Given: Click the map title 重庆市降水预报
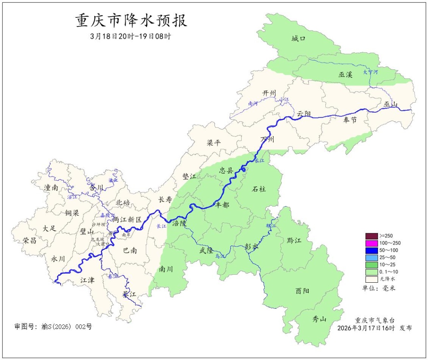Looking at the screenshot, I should click(x=131, y=21).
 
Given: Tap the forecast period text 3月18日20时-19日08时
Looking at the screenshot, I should click(x=131, y=36).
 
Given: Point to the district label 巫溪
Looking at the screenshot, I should click(x=346, y=74).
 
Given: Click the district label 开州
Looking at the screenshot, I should click(x=269, y=93).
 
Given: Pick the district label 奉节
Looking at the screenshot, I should click(x=350, y=120).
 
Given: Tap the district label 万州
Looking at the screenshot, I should click(x=267, y=140).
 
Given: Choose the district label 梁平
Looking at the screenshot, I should click(x=214, y=143).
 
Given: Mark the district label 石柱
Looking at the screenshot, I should click(x=259, y=189).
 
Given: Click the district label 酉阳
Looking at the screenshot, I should click(x=303, y=291).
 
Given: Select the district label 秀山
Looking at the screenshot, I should click(x=319, y=318).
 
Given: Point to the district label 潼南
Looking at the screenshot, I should click(x=52, y=188).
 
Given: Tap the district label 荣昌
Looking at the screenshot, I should click(x=29, y=240).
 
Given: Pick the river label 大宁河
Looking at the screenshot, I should click(x=371, y=72).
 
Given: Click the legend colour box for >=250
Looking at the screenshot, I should click(x=371, y=236).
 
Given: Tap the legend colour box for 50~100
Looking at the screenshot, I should click(x=371, y=250).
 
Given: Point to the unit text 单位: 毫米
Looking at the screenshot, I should click(x=379, y=288).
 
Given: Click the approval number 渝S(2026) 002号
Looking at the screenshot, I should click(x=53, y=327).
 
